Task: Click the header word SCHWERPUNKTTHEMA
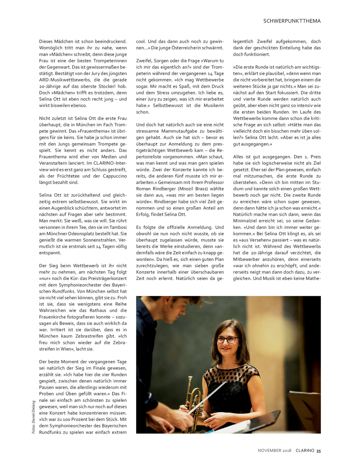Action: (x=292, y=21)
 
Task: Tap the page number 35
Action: (x=318, y=451)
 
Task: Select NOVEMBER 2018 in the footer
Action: (x=274, y=451)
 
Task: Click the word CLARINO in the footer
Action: (x=305, y=451)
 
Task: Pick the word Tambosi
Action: (x=118, y=227)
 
